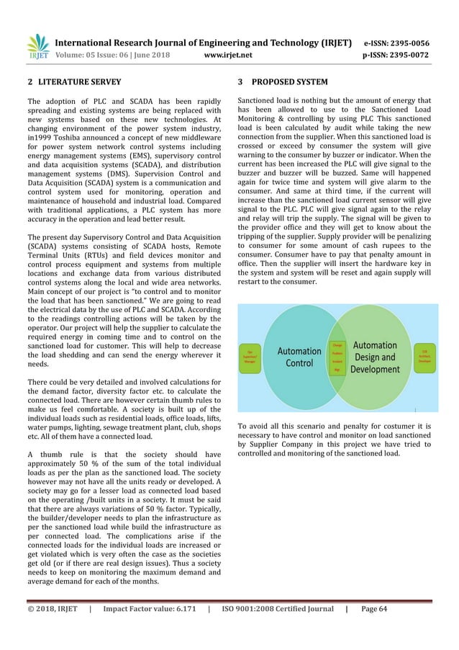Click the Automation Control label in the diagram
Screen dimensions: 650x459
299,357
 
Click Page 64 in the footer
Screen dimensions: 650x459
374,609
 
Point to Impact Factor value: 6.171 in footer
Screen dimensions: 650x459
150,609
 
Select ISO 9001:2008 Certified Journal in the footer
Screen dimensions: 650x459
278,609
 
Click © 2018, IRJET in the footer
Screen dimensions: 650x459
52,609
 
